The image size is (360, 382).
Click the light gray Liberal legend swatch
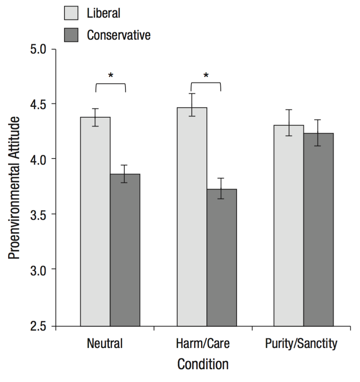(x=71, y=13)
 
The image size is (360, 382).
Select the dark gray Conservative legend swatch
(x=71, y=35)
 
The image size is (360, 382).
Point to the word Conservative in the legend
(x=118, y=35)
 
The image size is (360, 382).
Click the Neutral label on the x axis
(x=105, y=343)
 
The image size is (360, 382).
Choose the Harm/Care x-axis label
(x=203, y=343)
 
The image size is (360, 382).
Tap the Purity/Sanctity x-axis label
(x=301, y=343)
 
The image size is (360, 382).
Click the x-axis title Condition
(x=203, y=364)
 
